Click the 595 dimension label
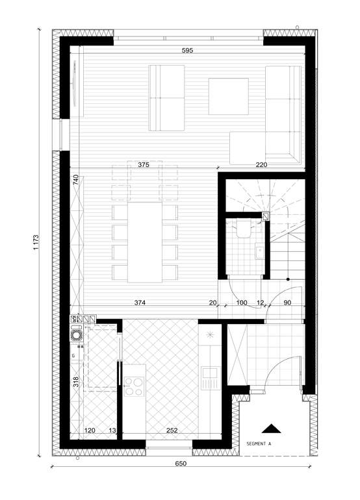pyautogui.click(x=187, y=51)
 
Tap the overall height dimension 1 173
pyautogui.click(x=36, y=242)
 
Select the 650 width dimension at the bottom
pyautogui.click(x=181, y=464)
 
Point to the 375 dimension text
pyautogui.click(x=144, y=165)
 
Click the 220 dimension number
pyautogui.click(x=261, y=165)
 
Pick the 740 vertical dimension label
pyautogui.click(x=75, y=180)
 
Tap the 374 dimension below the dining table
pyautogui.click(x=140, y=303)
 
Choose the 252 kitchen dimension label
pyautogui.click(x=172, y=430)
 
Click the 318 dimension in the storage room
pyautogui.click(x=75, y=382)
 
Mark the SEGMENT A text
pyautogui.click(x=259, y=444)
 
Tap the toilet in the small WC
pyautogui.click(x=244, y=229)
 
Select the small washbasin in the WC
pyautogui.click(x=259, y=252)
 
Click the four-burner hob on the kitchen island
pyautogui.click(x=134, y=386)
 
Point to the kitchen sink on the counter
pyautogui.click(x=211, y=378)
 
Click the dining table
pyautogui.click(x=145, y=242)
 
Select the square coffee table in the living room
pyautogui.click(x=229, y=96)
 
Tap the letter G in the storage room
pyautogui.click(x=73, y=356)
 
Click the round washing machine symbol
pyautogui.click(x=77, y=335)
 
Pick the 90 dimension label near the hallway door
pyautogui.click(x=287, y=303)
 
